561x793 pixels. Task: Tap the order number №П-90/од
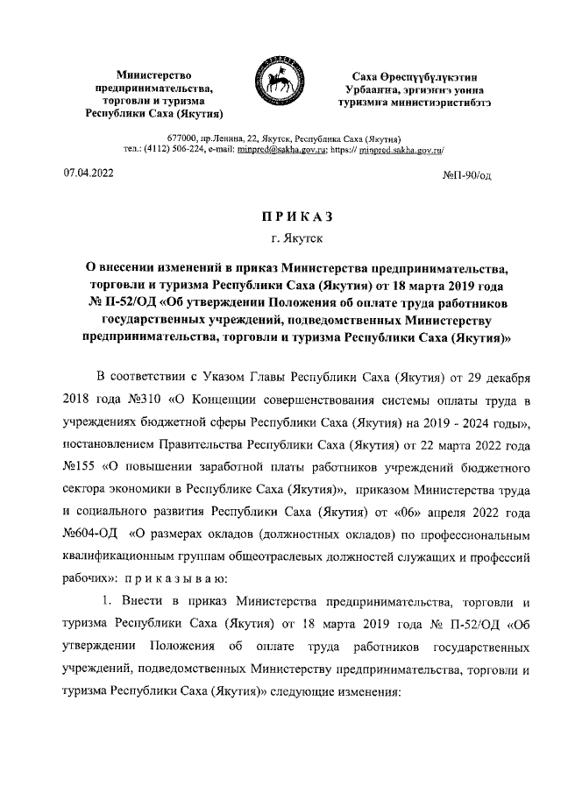click(469, 175)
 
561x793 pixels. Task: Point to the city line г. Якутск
click(281, 237)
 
